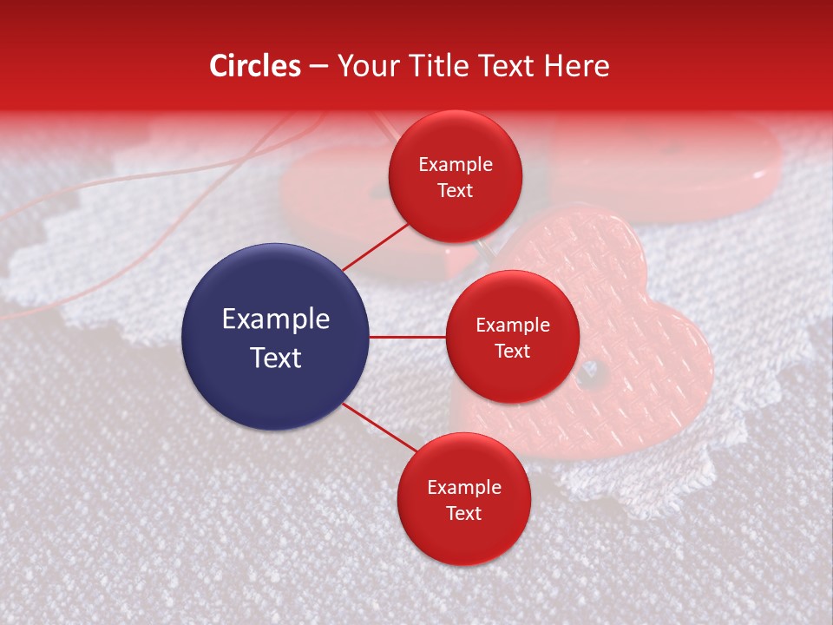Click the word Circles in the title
(255, 66)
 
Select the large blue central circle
(276, 337)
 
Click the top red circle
(455, 176)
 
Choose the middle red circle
(512, 337)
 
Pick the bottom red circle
(463, 499)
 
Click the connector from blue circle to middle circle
(408, 337)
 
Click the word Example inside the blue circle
(276, 319)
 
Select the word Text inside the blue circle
(276, 358)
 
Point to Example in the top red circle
(455, 164)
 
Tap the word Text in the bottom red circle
(463, 513)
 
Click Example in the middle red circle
(512, 325)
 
